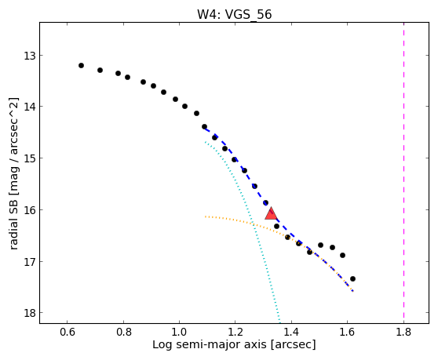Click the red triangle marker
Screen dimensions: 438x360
[271, 214]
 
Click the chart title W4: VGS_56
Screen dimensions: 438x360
[235, 15]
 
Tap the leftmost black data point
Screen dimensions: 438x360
[82, 66]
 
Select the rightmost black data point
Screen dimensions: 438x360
[352, 278]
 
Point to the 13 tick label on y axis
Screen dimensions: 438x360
[30, 56]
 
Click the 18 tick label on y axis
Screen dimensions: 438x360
[30, 313]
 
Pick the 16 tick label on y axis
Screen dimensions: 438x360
[30, 210]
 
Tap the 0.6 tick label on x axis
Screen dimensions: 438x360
[68, 332]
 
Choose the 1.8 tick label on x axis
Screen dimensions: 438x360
[403, 332]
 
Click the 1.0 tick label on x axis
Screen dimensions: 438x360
[179, 332]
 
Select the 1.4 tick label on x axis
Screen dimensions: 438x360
[291, 332]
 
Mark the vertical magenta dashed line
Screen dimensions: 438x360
[404, 173]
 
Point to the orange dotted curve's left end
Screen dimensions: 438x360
[206, 216]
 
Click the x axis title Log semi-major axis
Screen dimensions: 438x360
[210, 344]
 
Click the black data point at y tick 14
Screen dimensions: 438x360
[185, 107]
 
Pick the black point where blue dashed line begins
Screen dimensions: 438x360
[204, 127]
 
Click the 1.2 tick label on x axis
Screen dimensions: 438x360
[235, 332]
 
